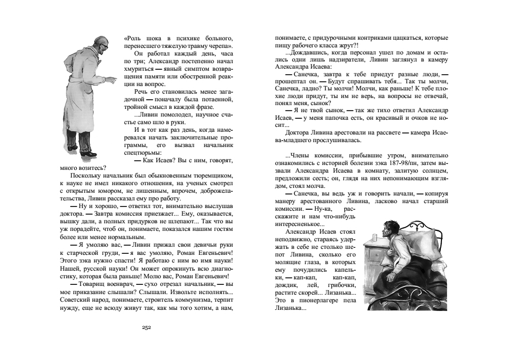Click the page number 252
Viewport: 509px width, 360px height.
click(146, 327)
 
